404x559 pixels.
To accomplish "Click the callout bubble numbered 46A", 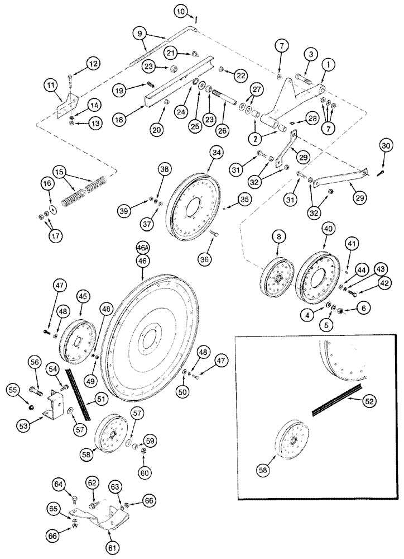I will [x=143, y=246].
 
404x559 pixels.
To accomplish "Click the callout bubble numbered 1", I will [x=330, y=65].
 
